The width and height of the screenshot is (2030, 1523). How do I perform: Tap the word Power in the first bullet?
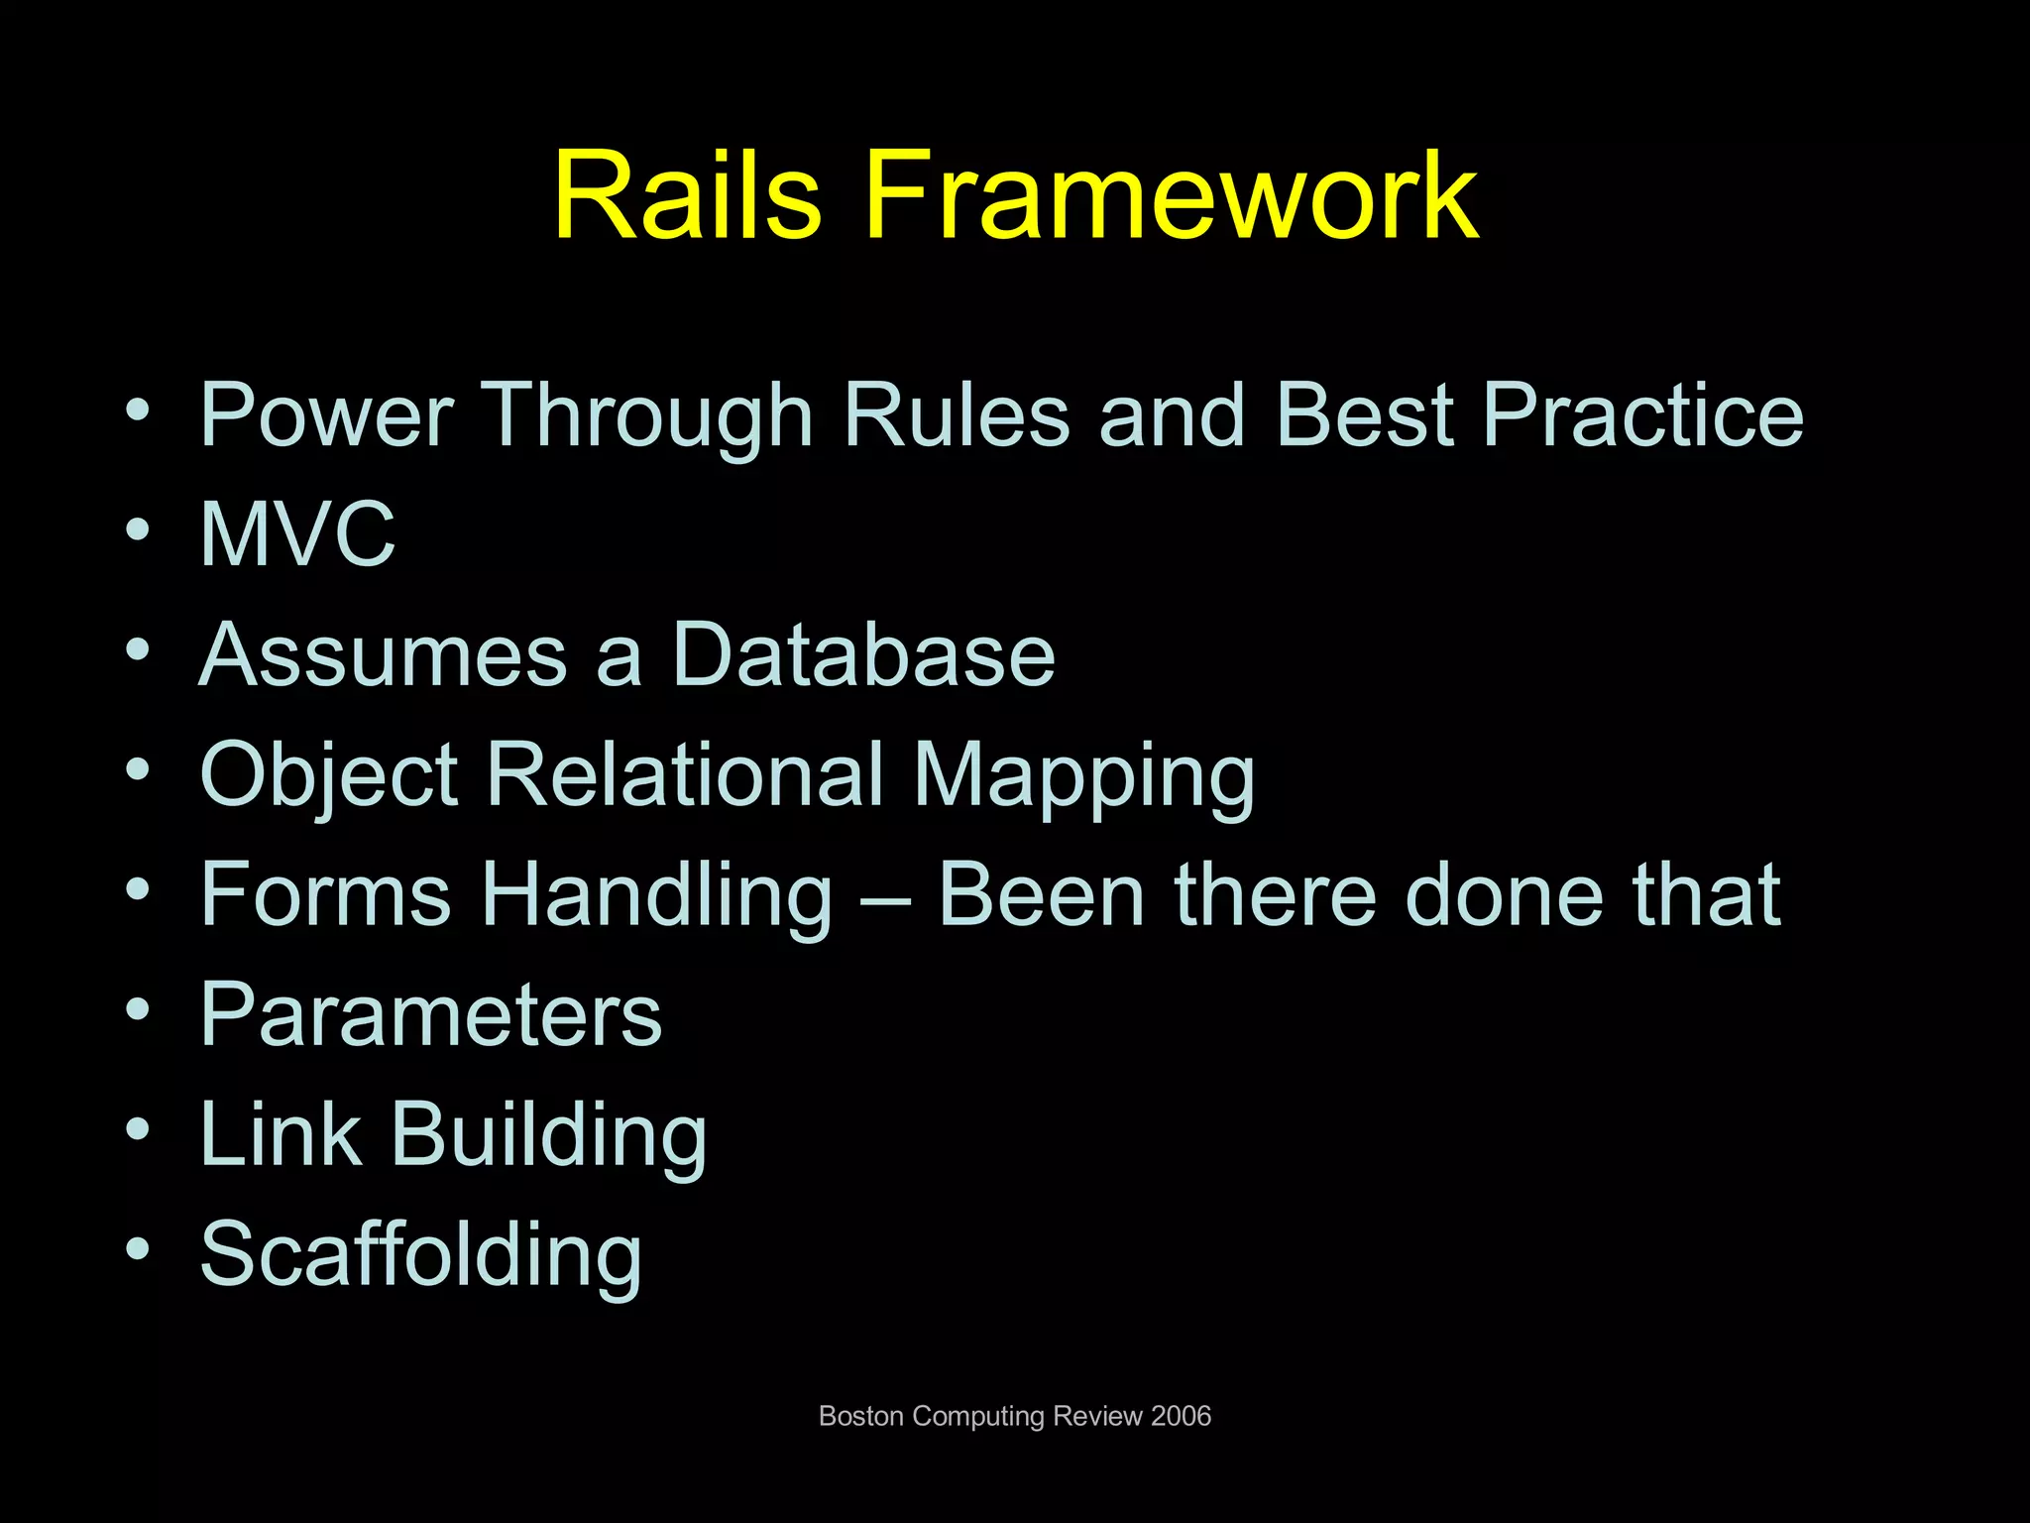[327, 415]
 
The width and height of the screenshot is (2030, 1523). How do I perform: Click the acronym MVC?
[297, 534]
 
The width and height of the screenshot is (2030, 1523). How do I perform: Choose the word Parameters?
[430, 1015]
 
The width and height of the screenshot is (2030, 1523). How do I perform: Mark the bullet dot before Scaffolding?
[138, 1249]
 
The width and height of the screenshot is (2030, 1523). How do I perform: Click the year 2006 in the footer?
[1181, 1416]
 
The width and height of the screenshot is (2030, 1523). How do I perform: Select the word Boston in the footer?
[860, 1416]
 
